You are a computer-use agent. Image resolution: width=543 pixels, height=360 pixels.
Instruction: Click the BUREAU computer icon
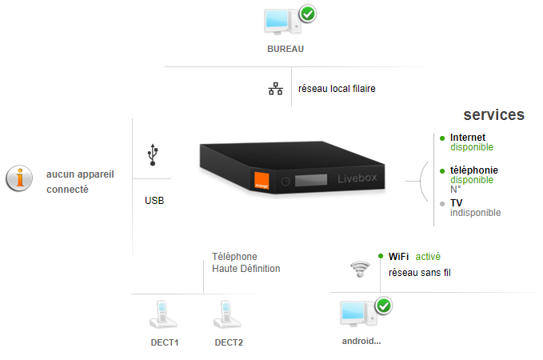point(282,22)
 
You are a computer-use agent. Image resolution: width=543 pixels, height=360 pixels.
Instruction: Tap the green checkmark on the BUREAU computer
point(308,14)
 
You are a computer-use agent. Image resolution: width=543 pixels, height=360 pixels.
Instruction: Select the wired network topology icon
point(276,89)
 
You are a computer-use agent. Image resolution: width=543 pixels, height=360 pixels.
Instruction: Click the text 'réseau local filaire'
point(337,89)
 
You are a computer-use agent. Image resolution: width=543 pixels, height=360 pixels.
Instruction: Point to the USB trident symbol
point(153,154)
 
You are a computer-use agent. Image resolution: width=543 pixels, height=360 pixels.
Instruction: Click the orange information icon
point(19,178)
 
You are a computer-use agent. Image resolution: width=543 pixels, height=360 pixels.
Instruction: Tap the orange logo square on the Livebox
point(262,181)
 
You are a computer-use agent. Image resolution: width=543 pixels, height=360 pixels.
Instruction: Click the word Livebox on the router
point(357,178)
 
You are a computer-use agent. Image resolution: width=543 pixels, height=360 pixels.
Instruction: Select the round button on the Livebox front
point(285,182)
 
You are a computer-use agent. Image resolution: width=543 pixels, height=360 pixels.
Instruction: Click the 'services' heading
point(494,114)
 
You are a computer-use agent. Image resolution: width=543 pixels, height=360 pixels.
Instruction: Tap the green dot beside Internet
point(442,138)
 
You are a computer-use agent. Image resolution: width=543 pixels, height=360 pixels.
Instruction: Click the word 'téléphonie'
point(473,170)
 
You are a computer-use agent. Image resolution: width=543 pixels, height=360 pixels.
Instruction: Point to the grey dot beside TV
point(442,204)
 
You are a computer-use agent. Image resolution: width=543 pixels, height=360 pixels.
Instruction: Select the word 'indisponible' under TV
point(475,213)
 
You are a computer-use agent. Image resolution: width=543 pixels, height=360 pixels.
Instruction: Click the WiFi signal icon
point(360,270)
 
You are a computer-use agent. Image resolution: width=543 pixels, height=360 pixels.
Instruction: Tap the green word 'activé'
point(428,257)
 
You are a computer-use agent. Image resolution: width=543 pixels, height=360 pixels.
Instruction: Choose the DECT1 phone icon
point(163,314)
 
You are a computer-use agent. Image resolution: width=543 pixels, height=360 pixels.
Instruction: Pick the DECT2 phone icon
point(227,314)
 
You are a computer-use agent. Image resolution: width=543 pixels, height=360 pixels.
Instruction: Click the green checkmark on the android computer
point(384,306)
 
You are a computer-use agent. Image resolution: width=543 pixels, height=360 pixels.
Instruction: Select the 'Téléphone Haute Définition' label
point(246,262)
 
